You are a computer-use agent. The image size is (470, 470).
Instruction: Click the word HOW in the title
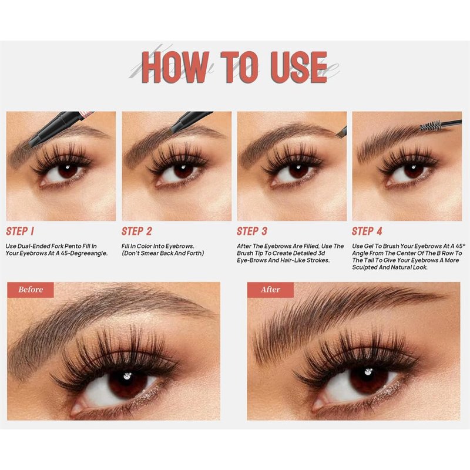(174, 67)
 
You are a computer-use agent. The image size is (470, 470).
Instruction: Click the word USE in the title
(298, 67)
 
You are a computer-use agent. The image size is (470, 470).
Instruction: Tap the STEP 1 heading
(20, 231)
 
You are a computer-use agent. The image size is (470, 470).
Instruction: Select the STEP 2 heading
(137, 231)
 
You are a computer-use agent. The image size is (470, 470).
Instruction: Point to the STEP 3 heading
(252, 231)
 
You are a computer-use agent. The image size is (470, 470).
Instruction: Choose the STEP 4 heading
(367, 231)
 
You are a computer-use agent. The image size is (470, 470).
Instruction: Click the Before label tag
(31, 290)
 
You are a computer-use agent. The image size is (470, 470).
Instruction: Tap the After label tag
(270, 290)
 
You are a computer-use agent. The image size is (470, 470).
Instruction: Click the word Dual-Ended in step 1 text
(33, 246)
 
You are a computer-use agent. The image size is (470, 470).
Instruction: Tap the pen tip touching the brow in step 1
(26, 146)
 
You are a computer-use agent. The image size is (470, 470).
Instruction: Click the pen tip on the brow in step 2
(172, 129)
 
